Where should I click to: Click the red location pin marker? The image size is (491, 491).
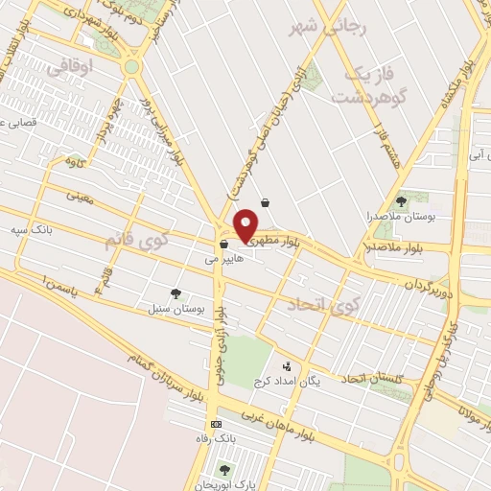coord(245,223)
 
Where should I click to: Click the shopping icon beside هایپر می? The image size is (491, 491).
coord(223,245)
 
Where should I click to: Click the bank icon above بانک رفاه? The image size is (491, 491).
coord(216,423)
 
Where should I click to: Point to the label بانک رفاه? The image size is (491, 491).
coord(214,438)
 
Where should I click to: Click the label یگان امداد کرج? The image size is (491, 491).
coord(286,382)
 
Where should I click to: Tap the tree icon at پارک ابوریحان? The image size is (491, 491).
coord(224,469)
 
